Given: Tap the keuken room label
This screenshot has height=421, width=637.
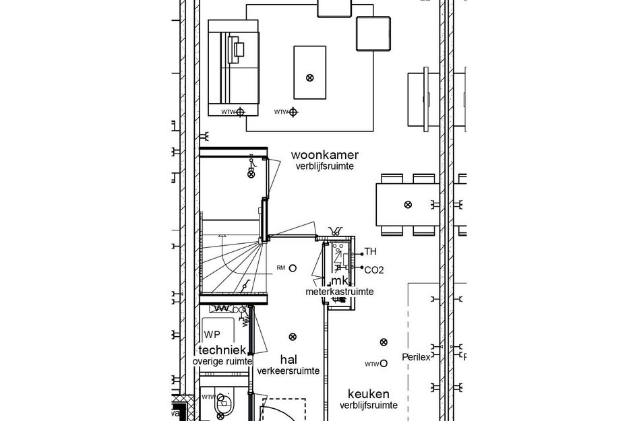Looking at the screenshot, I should point(368,393).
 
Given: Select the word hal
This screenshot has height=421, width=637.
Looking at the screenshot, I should point(288,360).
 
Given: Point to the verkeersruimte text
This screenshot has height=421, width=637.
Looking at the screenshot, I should point(289,370).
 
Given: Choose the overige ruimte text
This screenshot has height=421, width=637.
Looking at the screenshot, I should point(222,362).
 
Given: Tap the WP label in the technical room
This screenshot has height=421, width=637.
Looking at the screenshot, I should point(212,335).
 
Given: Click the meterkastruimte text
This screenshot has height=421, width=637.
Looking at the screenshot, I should point(339,292).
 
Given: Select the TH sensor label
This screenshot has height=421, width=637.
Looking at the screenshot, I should point(370,252).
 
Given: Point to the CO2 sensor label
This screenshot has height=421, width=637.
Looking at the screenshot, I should point(373,270).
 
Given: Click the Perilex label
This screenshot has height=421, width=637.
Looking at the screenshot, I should point(416,357).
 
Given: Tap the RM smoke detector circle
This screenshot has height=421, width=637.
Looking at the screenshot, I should point(293,268).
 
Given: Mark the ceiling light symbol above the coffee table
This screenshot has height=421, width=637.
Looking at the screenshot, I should point(310,77).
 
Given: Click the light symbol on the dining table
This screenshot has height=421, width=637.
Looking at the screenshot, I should point(407,205).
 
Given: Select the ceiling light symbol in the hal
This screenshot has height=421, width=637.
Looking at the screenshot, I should point(292,337).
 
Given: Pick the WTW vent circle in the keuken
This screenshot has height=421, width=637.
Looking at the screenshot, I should point(384,363).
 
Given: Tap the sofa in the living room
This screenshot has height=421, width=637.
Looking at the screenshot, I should point(233,67).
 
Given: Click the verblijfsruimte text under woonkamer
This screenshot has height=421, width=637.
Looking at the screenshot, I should point(324,166).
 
